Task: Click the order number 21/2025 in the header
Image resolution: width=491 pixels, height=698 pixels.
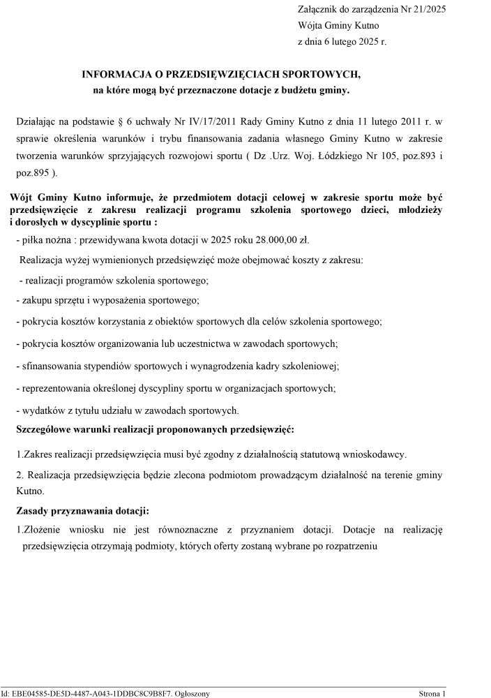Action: pyautogui.click(x=425, y=9)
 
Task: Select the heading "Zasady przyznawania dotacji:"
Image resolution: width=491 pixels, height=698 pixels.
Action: pyautogui.click(x=82, y=510)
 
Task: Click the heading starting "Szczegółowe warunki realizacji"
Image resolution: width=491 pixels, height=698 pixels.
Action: pyautogui.click(x=155, y=428)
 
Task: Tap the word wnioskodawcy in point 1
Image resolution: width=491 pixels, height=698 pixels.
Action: pyautogui.click(x=373, y=454)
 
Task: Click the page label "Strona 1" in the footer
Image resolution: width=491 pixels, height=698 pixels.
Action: pyautogui.click(x=432, y=693)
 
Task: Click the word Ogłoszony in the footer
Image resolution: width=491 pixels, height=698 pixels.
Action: pyautogui.click(x=190, y=693)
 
